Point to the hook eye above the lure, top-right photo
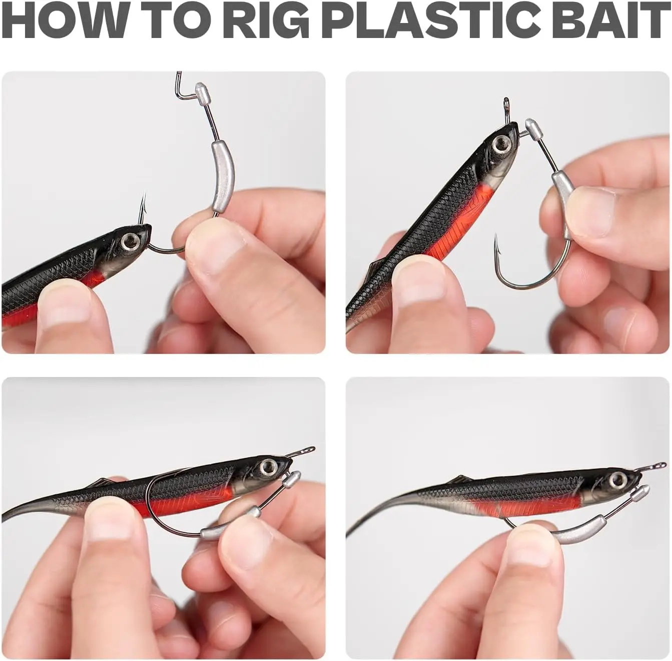[505, 102]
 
